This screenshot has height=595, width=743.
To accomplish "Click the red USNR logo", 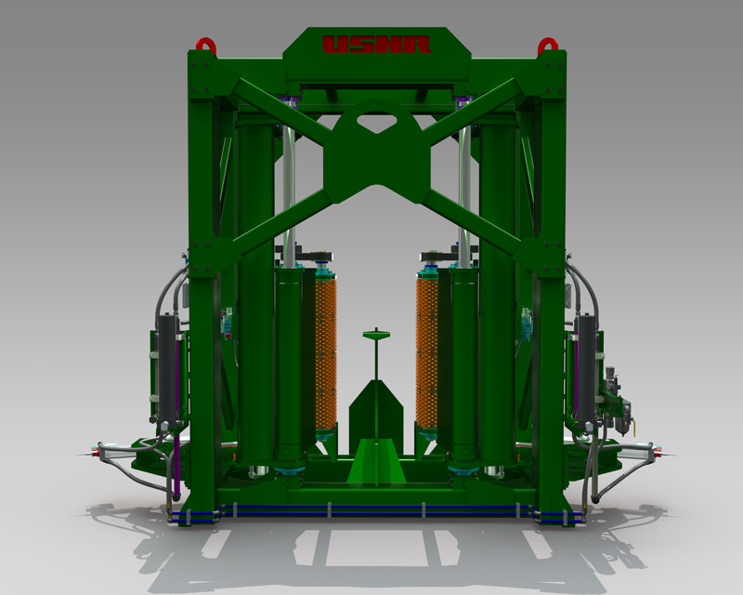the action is pyautogui.click(x=376, y=44).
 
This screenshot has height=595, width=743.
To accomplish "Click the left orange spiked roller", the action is pyautogui.click(x=326, y=353).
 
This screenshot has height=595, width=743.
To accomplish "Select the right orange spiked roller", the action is pyautogui.click(x=427, y=353).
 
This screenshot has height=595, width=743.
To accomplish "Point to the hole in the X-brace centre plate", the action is pyautogui.click(x=377, y=122).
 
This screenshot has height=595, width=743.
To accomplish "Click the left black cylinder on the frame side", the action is pyautogui.click(x=168, y=369).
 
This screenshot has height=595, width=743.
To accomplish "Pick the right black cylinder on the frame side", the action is pyautogui.click(x=586, y=369).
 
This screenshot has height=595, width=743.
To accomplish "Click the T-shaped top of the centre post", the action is pyautogui.click(x=376, y=334).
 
